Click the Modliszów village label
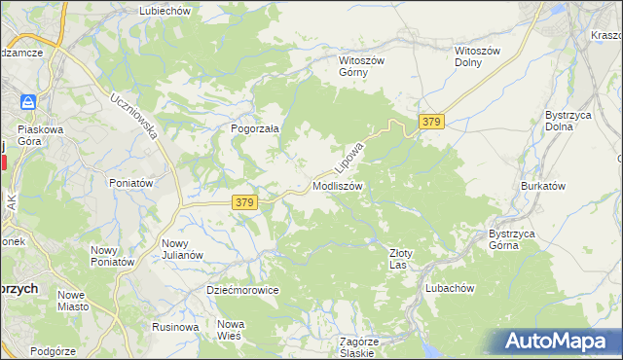338,186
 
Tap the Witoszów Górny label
362,66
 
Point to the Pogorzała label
255,128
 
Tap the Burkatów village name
543,186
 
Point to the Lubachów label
449,288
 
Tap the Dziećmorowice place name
242,290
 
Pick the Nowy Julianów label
182,249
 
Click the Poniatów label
130,183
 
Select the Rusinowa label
175,327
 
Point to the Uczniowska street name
134,117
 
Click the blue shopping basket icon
29,101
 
